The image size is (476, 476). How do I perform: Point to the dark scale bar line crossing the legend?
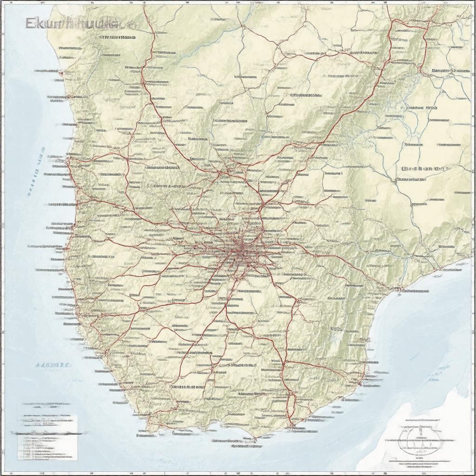tap(46, 433)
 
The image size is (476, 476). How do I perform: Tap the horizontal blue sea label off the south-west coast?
tap(53, 365)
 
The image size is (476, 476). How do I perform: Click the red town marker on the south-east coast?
tap(360, 384)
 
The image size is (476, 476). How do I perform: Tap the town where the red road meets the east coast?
tap(398, 289)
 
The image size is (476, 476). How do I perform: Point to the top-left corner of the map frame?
tap(5, 5)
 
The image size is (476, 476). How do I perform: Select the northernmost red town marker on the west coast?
tap(60, 73)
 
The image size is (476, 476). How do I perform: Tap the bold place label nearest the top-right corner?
tap(449, 71)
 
